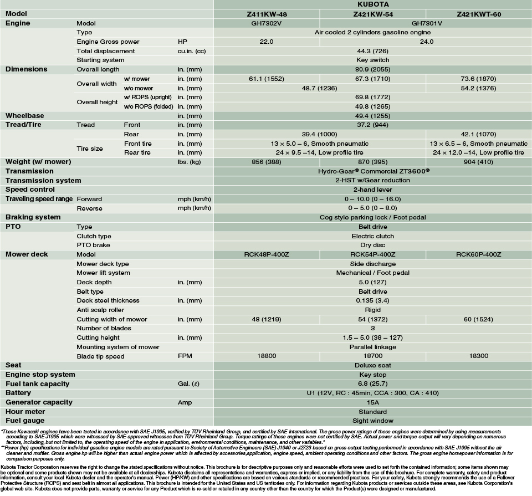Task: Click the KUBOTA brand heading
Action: point(372,4)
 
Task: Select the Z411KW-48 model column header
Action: point(267,14)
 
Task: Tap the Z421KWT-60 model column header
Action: point(479,14)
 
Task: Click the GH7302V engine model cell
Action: point(267,23)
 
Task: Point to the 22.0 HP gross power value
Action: point(267,42)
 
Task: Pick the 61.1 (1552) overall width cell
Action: point(267,79)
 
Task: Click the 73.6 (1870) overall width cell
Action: point(479,79)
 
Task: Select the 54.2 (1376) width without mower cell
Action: point(479,88)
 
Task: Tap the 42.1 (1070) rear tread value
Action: point(479,134)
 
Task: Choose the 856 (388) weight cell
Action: point(267,162)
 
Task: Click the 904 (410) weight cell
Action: point(479,162)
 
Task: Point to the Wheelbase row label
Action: point(24,116)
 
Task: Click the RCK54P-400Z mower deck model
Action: point(372,254)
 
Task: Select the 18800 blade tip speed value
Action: point(267,356)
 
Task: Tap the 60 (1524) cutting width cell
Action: point(479,319)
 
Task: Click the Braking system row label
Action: point(33,217)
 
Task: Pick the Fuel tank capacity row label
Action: point(37,384)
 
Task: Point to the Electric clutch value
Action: point(372,236)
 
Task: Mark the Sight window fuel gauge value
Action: point(372,421)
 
